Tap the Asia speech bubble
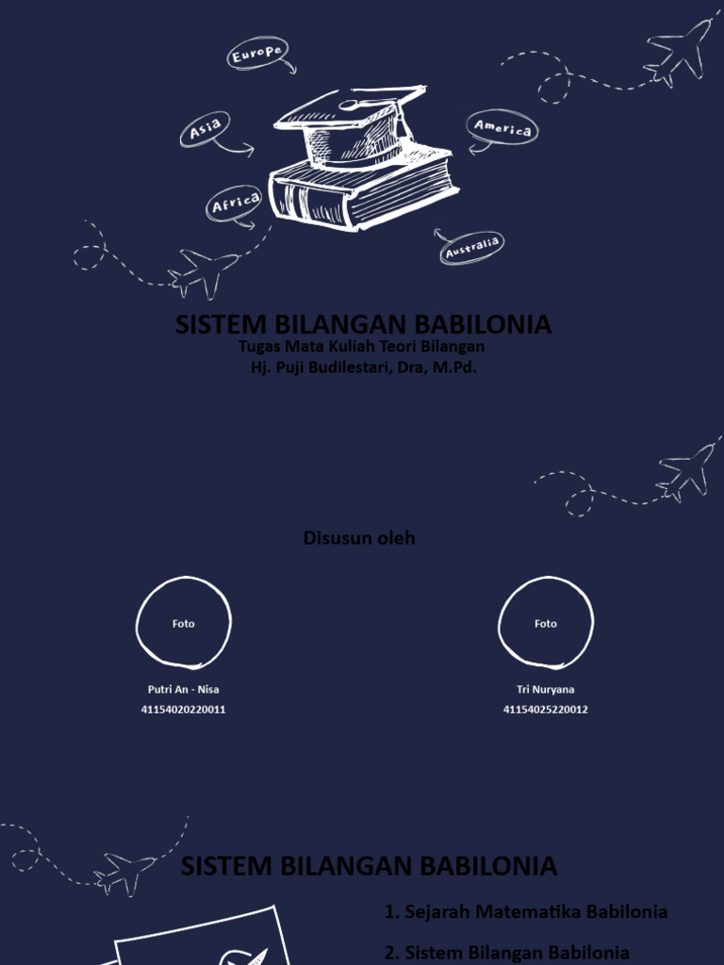click(206, 130)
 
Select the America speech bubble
click(502, 127)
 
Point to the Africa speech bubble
click(235, 203)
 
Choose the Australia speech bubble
click(471, 247)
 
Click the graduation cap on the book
click(354, 123)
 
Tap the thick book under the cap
click(363, 188)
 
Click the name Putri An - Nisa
click(184, 690)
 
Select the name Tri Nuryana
click(545, 690)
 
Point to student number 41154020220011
click(184, 710)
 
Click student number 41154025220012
click(545, 710)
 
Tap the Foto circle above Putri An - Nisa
click(184, 623)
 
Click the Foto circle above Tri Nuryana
click(545, 623)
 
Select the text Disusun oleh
click(359, 538)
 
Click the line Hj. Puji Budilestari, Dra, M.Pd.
click(363, 368)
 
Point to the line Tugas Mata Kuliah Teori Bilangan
click(362, 347)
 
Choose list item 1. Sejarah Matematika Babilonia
click(526, 911)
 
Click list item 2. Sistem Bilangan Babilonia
click(507, 952)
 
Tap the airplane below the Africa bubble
click(203, 270)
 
